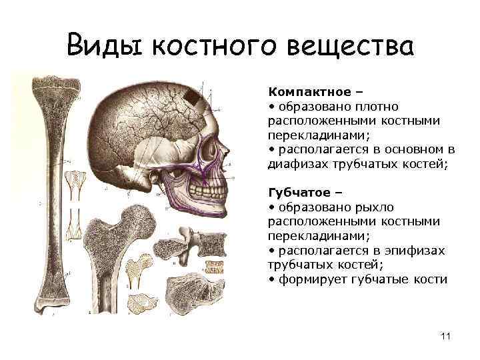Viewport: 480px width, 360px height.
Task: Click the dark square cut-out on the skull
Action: pyautogui.click(x=193, y=97)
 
